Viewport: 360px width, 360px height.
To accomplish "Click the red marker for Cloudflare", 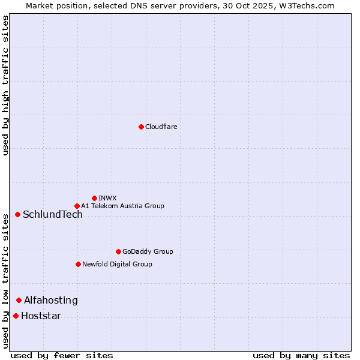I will (x=141, y=127).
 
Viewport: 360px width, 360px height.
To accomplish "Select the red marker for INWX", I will (x=94, y=198).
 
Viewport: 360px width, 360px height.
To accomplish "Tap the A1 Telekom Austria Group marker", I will (x=77, y=206).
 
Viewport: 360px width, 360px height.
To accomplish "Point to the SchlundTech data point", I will (x=17, y=214).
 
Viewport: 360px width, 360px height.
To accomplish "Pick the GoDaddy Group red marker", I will (x=118, y=251).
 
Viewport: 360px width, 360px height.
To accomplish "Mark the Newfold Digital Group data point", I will (x=78, y=264).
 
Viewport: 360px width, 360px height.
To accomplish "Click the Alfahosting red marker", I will (x=19, y=300).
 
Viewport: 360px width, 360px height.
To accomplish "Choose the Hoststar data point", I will (x=16, y=316).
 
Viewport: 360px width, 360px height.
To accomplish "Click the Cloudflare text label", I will (x=161, y=127).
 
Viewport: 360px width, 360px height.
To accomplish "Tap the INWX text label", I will (x=107, y=198).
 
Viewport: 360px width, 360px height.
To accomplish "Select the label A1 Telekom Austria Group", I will (x=122, y=206).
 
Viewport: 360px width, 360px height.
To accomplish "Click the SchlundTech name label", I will (x=53, y=215).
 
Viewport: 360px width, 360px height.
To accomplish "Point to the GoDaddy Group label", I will (x=148, y=251).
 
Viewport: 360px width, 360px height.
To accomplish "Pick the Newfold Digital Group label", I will (x=117, y=264).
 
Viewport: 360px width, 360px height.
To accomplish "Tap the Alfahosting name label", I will (x=51, y=301).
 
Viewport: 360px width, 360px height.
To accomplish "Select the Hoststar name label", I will (x=41, y=316).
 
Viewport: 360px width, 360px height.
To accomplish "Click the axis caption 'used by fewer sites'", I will (x=62, y=355).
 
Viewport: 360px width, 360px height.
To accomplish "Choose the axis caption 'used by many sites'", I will (x=301, y=355).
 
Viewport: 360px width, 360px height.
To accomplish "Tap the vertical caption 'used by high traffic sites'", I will (x=5, y=85).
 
